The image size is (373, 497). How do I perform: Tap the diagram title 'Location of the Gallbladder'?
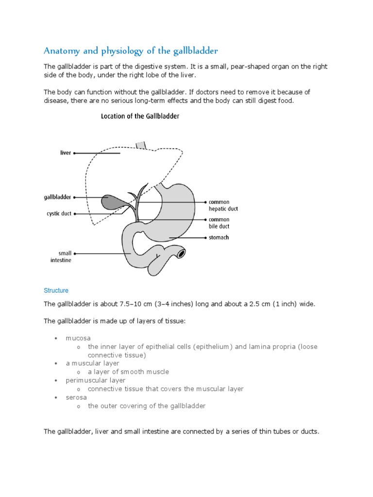pyautogui.click(x=140, y=116)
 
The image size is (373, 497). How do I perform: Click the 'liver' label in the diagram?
pyautogui.click(x=65, y=153)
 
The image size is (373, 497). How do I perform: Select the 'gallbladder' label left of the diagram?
pyautogui.click(x=57, y=198)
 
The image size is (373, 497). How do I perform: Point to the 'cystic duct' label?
pyautogui.click(x=59, y=214)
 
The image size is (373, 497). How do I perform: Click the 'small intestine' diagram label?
pyautogui.click(x=65, y=257)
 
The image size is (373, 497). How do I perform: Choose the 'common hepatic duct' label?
pyautogui.click(x=223, y=205)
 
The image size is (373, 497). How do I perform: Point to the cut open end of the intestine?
pyautogui.click(x=181, y=253)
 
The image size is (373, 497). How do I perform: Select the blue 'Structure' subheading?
pyautogui.click(x=56, y=291)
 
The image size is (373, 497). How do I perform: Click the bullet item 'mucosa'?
pyautogui.click(x=78, y=338)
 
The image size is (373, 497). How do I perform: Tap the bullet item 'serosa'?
pyautogui.click(x=76, y=398)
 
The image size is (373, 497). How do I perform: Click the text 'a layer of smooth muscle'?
pyautogui.click(x=128, y=372)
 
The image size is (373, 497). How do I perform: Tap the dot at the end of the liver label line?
pyautogui.click(x=74, y=153)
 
